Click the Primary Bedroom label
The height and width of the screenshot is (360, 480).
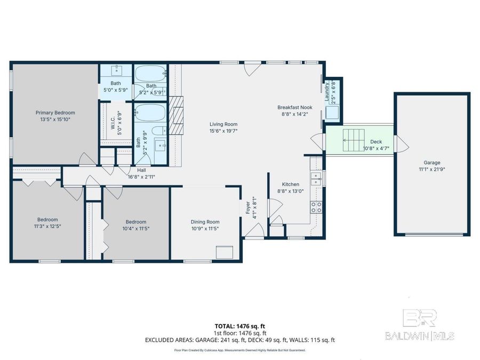[55, 113]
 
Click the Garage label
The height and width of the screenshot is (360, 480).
[432, 163]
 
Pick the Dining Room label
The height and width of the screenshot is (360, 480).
[205, 222]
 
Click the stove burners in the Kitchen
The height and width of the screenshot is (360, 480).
[316, 207]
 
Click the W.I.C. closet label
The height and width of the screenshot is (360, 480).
[113, 124]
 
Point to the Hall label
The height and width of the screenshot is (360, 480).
[141, 170]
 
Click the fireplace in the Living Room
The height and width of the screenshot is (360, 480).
[175, 115]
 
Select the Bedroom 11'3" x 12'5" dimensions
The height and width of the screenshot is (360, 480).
[47, 227]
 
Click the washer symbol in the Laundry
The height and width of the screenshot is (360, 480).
[332, 113]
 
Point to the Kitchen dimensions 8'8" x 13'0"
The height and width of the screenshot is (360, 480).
[291, 191]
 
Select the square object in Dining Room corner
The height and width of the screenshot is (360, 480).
[224, 252]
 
